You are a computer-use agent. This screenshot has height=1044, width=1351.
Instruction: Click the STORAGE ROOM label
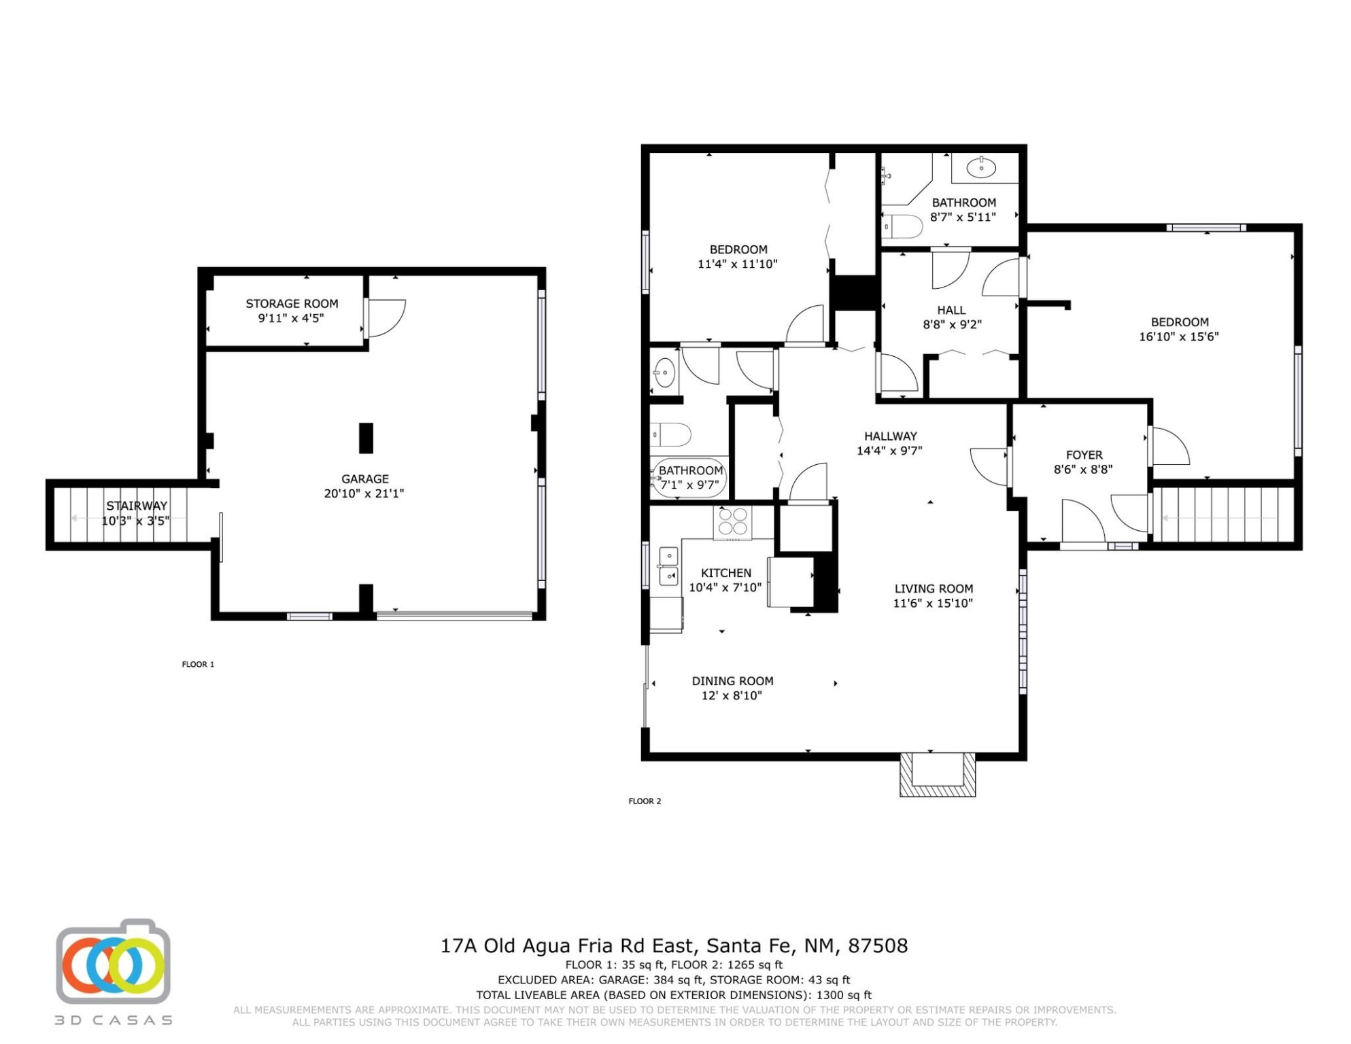[x=292, y=304]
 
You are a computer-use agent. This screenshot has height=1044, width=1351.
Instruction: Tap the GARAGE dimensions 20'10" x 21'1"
[x=364, y=493]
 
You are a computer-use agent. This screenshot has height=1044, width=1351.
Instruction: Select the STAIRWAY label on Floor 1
[x=136, y=506]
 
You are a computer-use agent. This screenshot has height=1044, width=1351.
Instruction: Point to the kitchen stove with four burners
[x=732, y=523]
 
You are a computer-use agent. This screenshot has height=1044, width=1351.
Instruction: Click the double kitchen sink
[x=668, y=566]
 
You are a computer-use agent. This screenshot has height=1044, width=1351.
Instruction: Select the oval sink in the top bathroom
[x=981, y=167]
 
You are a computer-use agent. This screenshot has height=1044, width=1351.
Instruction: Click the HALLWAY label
[x=891, y=436]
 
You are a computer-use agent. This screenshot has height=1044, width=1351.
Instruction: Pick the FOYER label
[x=1084, y=455]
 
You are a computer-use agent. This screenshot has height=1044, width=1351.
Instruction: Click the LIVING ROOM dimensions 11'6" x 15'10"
[x=933, y=603]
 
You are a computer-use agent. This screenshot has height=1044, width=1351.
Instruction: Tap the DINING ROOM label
[x=732, y=681]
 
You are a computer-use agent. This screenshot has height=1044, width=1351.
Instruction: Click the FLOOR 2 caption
[x=645, y=801]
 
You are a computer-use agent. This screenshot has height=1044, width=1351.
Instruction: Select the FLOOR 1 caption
[x=198, y=665]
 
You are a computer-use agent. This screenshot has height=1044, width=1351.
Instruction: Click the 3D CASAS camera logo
[x=113, y=962]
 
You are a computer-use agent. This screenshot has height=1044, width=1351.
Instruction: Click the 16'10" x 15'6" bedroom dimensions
[x=1179, y=336]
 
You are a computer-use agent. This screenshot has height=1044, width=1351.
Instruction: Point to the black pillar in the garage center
[x=366, y=438]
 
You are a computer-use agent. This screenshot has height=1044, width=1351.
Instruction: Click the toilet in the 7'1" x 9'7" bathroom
[x=671, y=434]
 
